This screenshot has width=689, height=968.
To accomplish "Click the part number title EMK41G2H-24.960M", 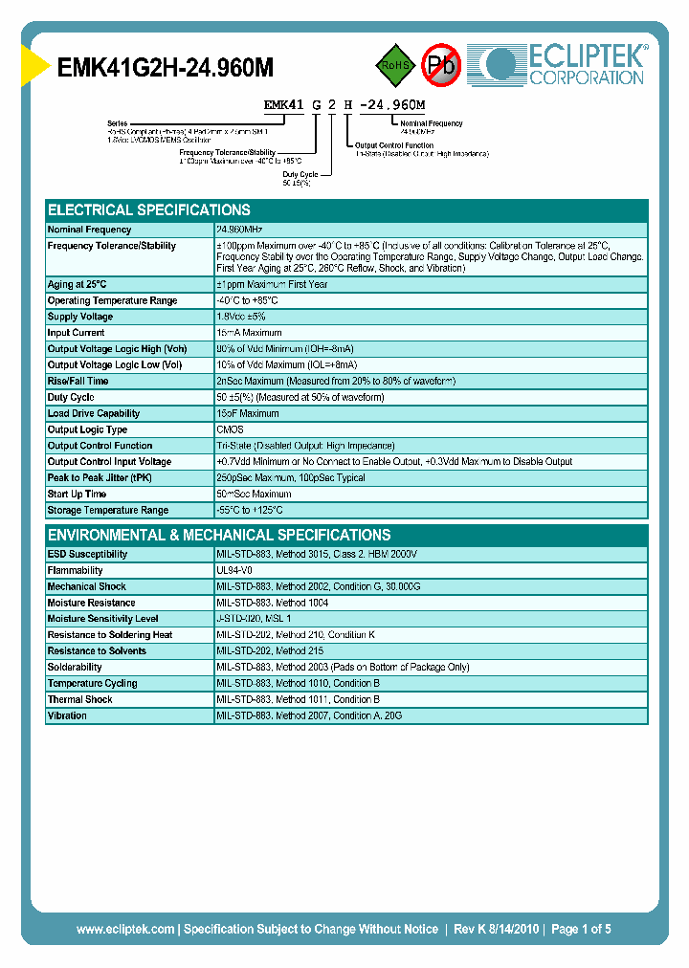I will [x=166, y=67].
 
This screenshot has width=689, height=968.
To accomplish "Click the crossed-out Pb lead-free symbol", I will [x=441, y=65].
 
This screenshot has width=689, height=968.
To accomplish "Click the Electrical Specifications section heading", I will [x=149, y=209].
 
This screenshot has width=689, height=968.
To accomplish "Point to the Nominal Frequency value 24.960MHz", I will [x=239, y=230].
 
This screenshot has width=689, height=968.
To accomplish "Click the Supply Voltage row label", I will [x=80, y=317].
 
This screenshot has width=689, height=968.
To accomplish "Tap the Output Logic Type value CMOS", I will [x=231, y=430].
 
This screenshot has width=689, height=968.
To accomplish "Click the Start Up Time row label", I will [x=78, y=495].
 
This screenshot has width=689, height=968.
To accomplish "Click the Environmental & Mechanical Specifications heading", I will [x=219, y=535].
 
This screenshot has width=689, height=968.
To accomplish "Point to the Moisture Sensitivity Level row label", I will [x=103, y=619].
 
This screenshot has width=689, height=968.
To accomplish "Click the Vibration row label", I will [x=67, y=715].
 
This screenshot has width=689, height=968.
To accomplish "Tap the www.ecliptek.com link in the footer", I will [x=125, y=929].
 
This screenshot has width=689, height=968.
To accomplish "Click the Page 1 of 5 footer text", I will [x=581, y=929].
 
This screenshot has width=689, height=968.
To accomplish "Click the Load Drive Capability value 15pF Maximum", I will [x=248, y=414].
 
